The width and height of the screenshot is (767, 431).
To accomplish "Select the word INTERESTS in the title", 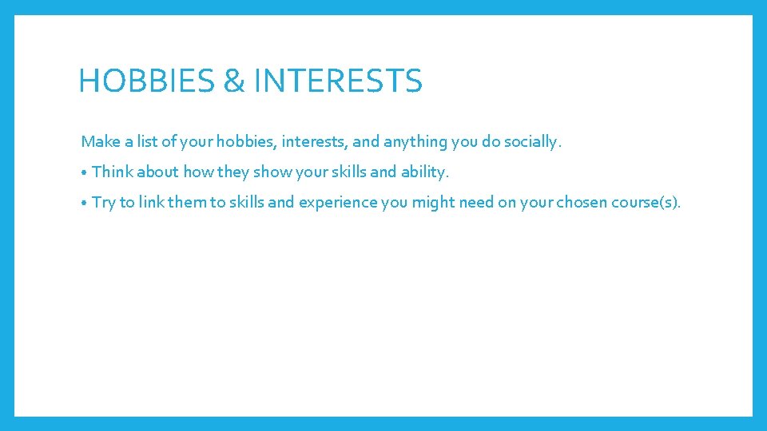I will pyautogui.click(x=337, y=81).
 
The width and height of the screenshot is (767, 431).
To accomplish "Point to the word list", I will pyautogui.click(x=147, y=142).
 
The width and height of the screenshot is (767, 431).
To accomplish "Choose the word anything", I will pyautogui.click(x=415, y=142).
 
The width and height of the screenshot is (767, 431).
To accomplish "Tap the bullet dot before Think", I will pyautogui.click(x=84, y=172).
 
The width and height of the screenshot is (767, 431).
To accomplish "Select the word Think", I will pyautogui.click(x=113, y=172).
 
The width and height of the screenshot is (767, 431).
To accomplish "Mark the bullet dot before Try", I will pyautogui.click(x=84, y=203).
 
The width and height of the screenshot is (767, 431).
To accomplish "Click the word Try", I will pyautogui.click(x=104, y=203).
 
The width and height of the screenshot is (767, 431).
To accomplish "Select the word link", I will pyautogui.click(x=151, y=202).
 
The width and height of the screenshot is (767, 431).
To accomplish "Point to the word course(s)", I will pyautogui.click(x=646, y=203).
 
